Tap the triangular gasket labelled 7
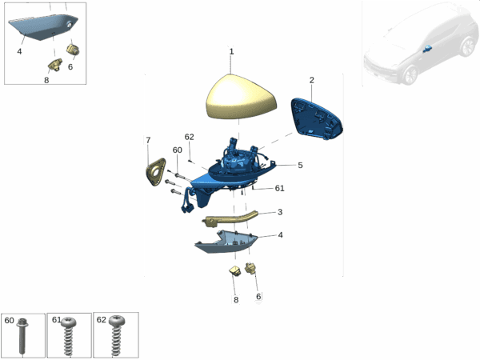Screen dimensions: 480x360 (x=155, y=172)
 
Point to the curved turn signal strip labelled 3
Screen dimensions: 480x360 (x=230, y=218)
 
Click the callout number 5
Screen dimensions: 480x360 (x=300, y=166)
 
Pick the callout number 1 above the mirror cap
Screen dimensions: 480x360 (x=231, y=52)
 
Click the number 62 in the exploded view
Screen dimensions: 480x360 (x=189, y=137)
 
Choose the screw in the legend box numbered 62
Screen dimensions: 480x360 (x=117, y=336)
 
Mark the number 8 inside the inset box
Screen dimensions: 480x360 (x=46, y=80)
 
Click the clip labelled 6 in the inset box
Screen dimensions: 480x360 (x=73, y=49)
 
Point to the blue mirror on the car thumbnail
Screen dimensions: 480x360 (x=426, y=48)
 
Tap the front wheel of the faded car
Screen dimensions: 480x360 (x=410, y=75)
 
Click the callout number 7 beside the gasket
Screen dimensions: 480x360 (x=148, y=140)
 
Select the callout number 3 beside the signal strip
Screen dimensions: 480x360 (x=280, y=212)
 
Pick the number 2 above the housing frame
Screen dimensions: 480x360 (x=312, y=80)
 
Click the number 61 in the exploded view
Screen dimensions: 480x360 (x=279, y=188)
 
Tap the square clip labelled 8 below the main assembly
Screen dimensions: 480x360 (x=235, y=270)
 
